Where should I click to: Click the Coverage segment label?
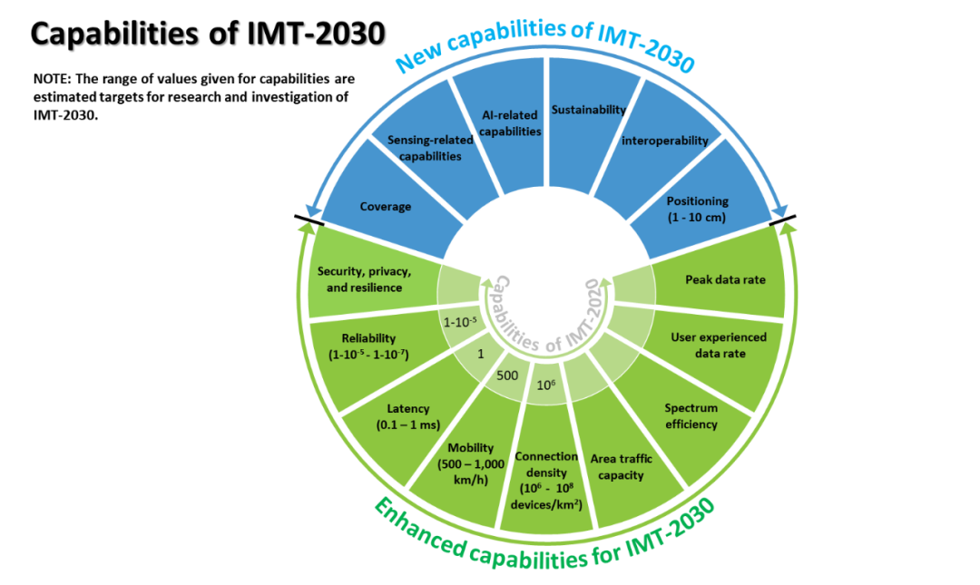click(385, 207)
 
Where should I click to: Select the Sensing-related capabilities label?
click(425, 148)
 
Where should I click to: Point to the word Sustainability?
click(589, 110)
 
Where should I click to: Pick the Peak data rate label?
click(724, 279)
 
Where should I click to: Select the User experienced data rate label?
click(719, 346)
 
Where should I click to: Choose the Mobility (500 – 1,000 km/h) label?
click(471, 463)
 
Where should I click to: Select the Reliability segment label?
click(369, 347)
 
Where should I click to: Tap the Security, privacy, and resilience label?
click(365, 279)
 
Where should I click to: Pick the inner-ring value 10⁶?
click(546, 385)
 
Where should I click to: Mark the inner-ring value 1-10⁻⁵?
click(460, 321)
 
